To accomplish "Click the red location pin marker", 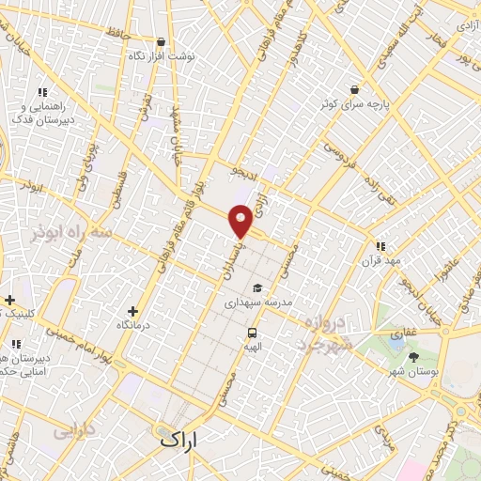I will (x=240, y=221).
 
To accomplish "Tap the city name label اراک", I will (x=180, y=439).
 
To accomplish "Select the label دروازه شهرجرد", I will (x=324, y=333).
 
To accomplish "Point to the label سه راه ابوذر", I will (x=71, y=232).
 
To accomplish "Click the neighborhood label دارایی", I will (x=74, y=431).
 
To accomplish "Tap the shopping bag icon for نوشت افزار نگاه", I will (x=161, y=41).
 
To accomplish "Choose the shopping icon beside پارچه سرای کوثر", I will (x=354, y=89).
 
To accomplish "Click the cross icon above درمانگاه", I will (x=132, y=311).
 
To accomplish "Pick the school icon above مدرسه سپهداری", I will (x=256, y=289).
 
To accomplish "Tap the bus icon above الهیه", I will (x=252, y=333).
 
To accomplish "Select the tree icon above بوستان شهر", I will (x=413, y=356).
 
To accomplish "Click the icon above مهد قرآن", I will (x=380, y=246).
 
